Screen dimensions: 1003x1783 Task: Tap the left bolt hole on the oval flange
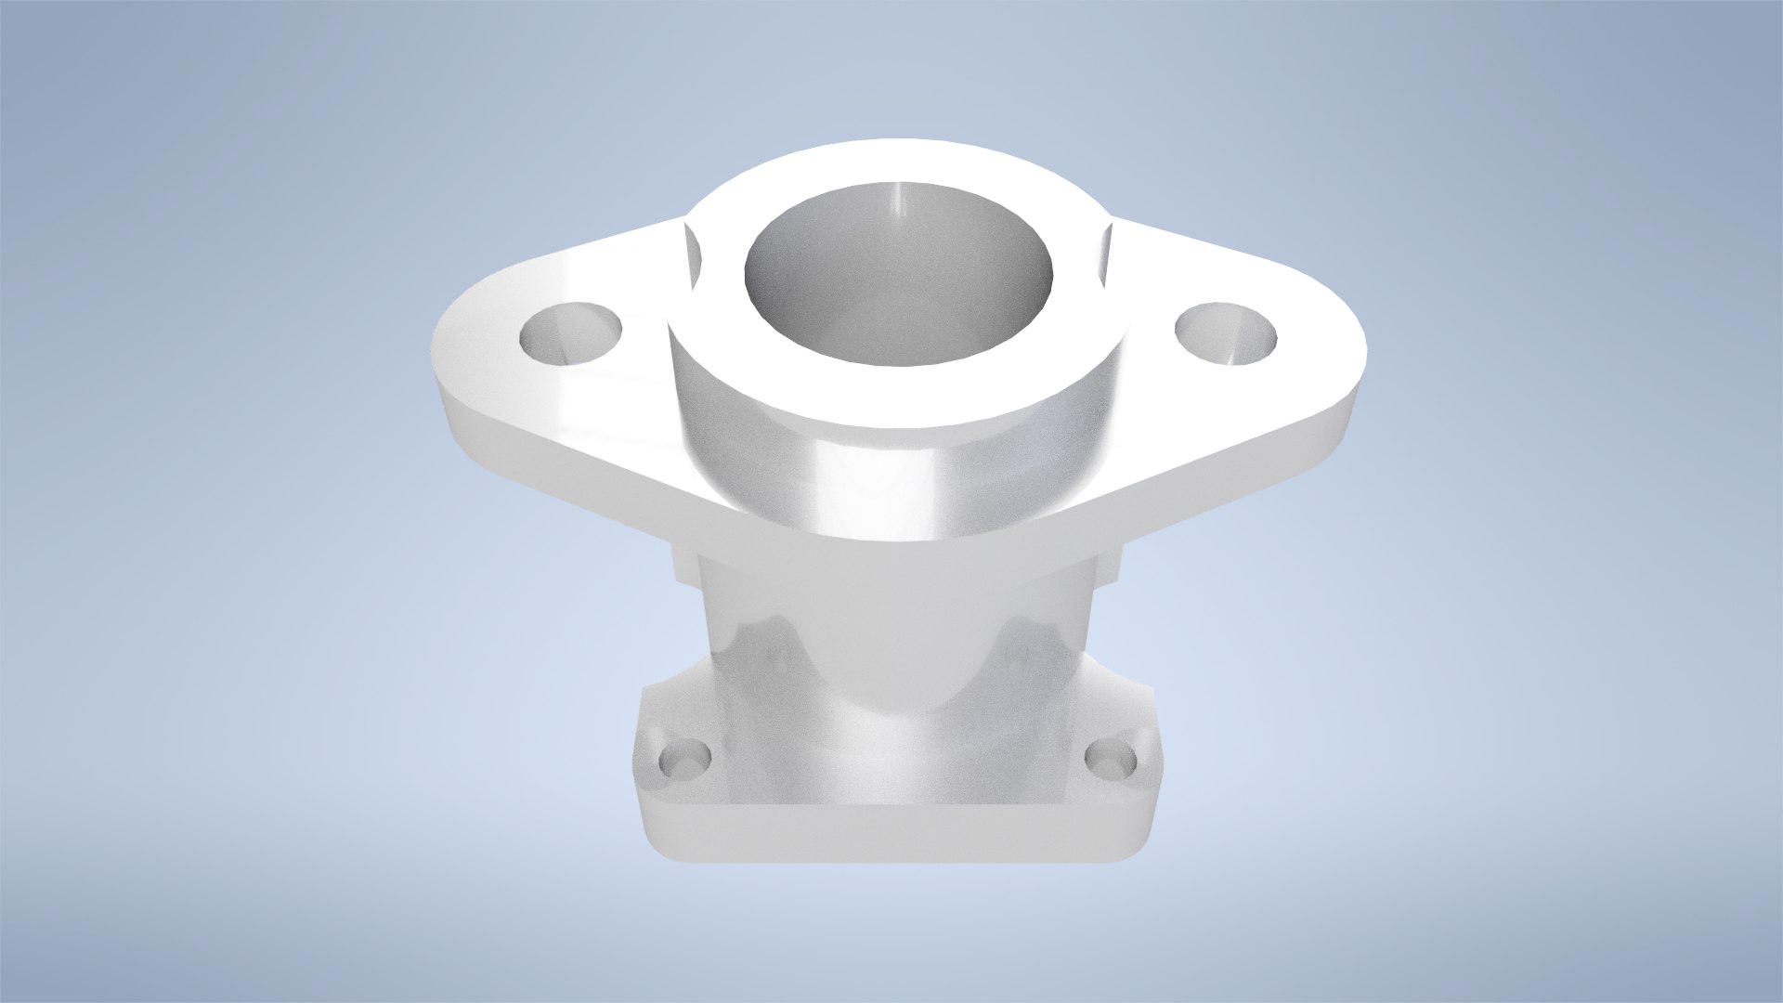pyautogui.click(x=570, y=332)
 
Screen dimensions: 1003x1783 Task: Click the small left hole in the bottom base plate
pyautogui.click(x=685, y=761)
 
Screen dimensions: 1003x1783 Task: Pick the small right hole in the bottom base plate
pyautogui.click(x=1112, y=761)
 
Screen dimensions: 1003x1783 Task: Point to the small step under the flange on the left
pyautogui.click(x=685, y=567)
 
